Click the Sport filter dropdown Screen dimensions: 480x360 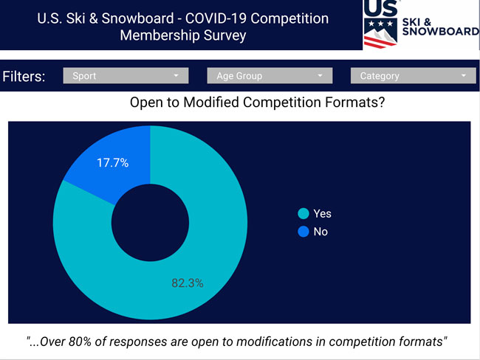[x=126, y=75]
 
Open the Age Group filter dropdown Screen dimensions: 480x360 [x=270, y=75]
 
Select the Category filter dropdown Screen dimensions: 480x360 [x=414, y=75]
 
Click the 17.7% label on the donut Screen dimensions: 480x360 [x=113, y=163]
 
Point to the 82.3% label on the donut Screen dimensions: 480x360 [x=188, y=283]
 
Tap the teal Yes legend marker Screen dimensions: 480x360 [x=304, y=213]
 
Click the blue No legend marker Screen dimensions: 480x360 [x=304, y=232]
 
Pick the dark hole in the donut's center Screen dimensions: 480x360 [x=150, y=223]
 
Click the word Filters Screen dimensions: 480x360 [x=24, y=77]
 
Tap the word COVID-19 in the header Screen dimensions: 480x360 [x=216, y=18]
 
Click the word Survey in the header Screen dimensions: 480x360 [x=225, y=35]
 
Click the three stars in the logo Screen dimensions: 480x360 [x=380, y=24]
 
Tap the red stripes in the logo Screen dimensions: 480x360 [x=378, y=42]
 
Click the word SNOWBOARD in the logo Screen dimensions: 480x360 [x=441, y=32]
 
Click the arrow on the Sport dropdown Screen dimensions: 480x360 [x=176, y=75]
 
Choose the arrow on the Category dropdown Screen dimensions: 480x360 [x=464, y=75]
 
